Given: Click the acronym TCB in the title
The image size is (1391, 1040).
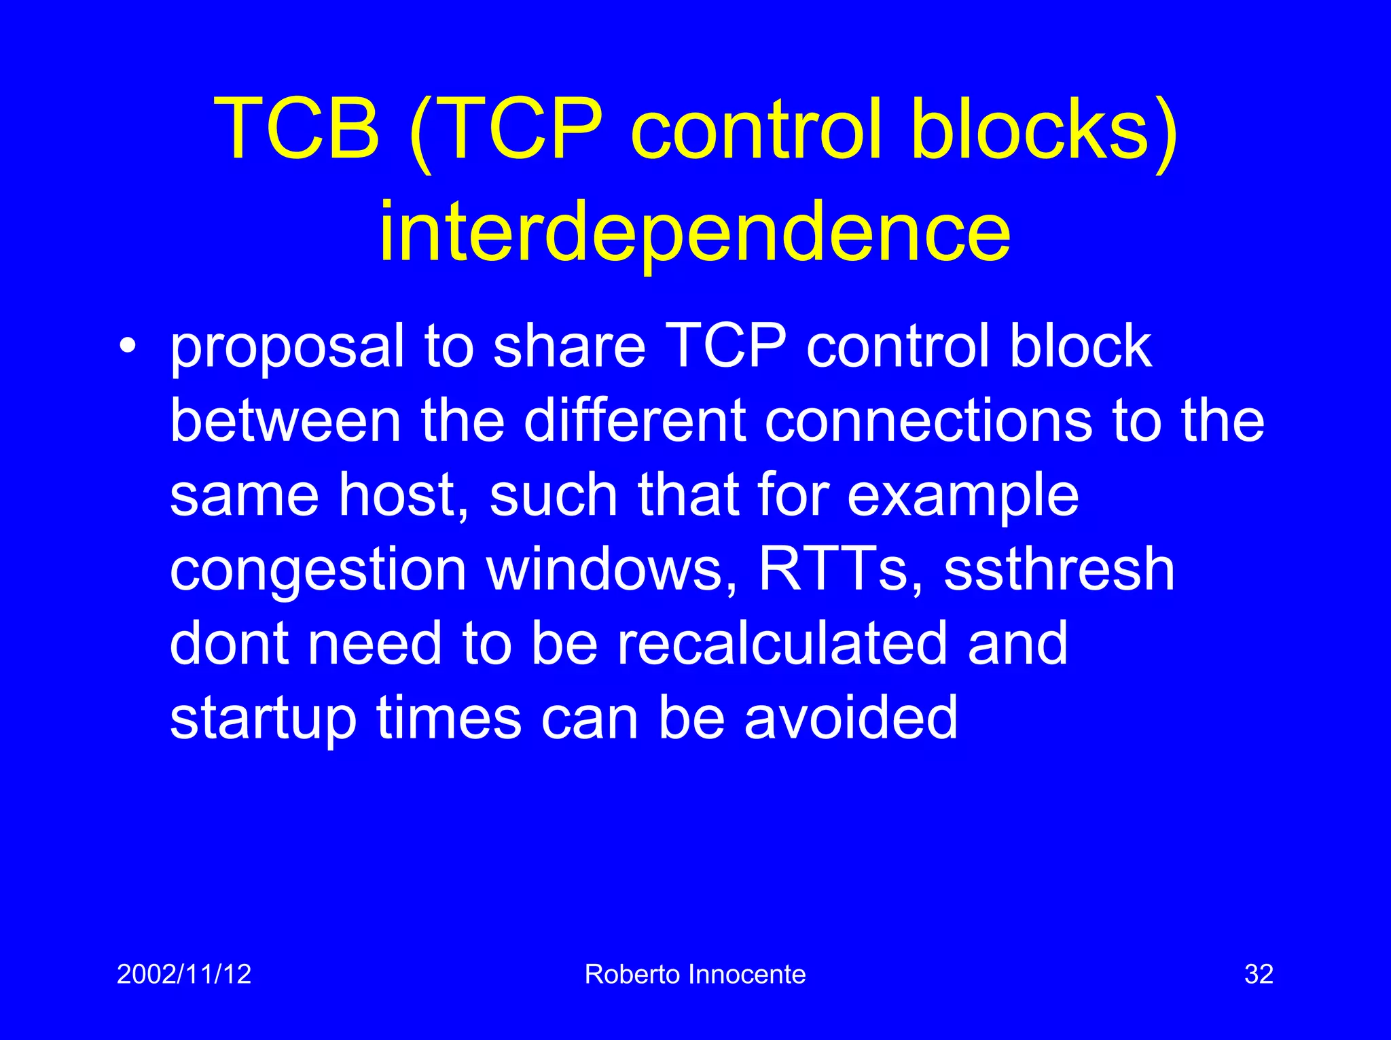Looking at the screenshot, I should [x=297, y=128].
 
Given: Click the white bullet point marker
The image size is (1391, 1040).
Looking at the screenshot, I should [x=127, y=346].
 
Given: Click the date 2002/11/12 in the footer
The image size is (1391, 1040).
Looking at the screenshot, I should [x=184, y=974].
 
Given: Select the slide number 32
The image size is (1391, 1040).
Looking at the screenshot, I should [x=1259, y=974].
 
